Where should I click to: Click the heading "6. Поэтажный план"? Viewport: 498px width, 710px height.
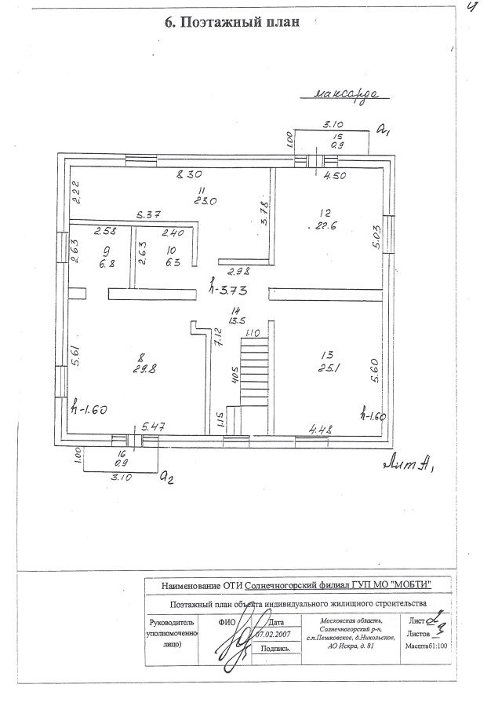pos(231,22)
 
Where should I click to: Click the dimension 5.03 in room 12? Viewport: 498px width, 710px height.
pos(376,238)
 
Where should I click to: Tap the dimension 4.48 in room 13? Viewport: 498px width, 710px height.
pos(323,428)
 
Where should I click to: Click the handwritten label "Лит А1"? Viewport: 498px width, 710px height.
pos(409,463)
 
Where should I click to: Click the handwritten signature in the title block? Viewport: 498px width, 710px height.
pos(233,648)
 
